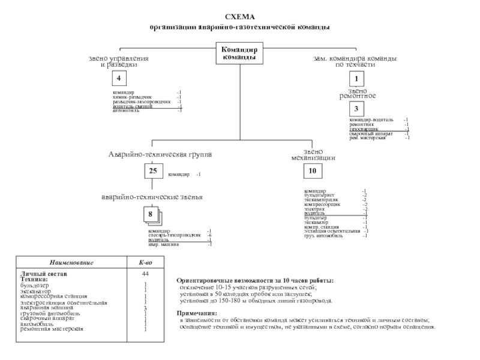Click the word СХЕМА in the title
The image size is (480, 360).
(x=239, y=18)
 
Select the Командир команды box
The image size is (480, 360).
(x=239, y=53)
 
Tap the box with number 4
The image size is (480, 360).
(x=119, y=79)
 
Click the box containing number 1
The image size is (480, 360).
(x=357, y=79)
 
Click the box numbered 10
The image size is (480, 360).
(x=312, y=172)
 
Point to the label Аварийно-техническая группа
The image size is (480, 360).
(x=160, y=155)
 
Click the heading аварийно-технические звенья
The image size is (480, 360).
(x=152, y=197)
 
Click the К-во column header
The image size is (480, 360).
(x=145, y=263)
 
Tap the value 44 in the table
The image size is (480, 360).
(x=145, y=274)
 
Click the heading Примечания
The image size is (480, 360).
(x=197, y=313)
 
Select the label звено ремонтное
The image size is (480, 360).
(x=358, y=93)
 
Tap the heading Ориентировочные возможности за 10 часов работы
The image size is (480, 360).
(x=255, y=281)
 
